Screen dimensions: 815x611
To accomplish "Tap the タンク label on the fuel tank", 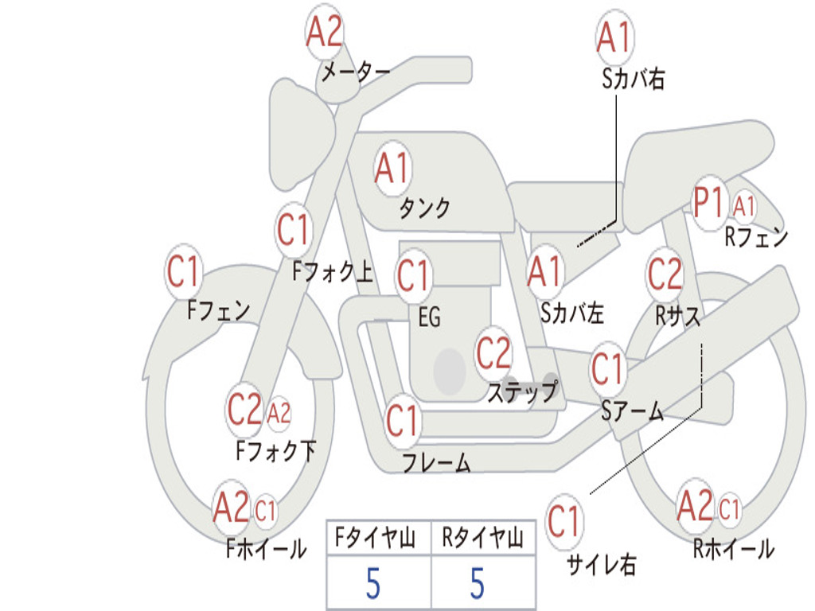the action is pos(424,208).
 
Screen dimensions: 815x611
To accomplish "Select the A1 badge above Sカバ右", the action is pos(614,37).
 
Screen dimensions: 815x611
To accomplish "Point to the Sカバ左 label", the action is pos(572,313).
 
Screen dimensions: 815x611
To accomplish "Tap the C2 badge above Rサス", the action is pos(665,274).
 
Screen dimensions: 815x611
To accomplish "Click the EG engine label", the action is pos(429,317).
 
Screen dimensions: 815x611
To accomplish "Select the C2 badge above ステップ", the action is pos(493,352).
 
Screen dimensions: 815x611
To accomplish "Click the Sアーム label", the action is pos(633,411).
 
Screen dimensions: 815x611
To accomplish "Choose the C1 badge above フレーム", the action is pos(402,420).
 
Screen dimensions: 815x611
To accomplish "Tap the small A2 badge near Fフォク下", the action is pos(279,414).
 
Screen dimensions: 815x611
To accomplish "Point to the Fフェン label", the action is pos(219,309).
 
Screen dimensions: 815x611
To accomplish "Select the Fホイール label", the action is pos(266,548).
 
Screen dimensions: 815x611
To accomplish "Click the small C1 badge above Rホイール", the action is pos(729,508).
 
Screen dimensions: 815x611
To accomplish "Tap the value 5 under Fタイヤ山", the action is pos(373,584).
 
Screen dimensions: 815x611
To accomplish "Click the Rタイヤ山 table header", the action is pos(482,539).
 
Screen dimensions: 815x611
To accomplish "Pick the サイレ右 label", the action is pos(601,565).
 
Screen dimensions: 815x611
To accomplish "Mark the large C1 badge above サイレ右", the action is pos(564,523).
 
